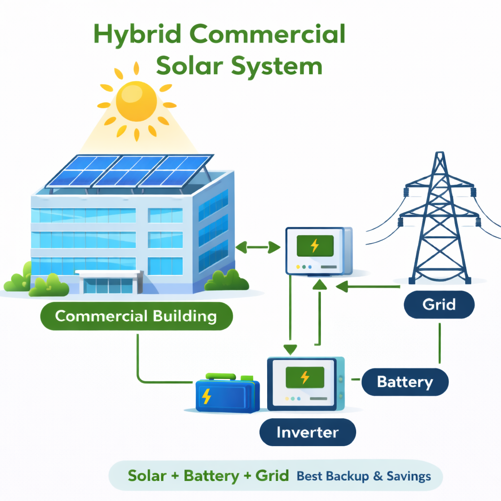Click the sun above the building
[x=137, y=101]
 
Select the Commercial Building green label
[x=136, y=316]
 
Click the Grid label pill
[x=439, y=305]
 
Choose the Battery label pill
[x=405, y=382]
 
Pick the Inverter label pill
[x=307, y=432]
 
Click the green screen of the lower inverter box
[x=304, y=377]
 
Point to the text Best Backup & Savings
[x=364, y=476]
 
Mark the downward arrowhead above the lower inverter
[x=291, y=349]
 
